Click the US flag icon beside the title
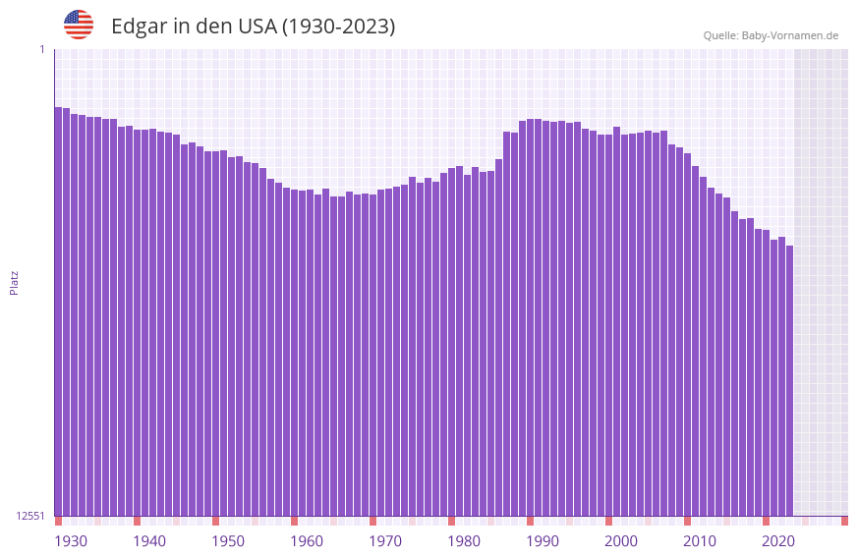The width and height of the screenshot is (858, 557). click(x=79, y=25)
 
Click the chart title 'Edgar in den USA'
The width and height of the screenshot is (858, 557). click(x=253, y=27)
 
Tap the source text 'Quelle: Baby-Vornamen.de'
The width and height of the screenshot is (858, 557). click(x=771, y=35)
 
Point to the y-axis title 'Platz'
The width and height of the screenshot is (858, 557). click(x=14, y=282)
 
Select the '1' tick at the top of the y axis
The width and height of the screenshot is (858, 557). click(x=41, y=49)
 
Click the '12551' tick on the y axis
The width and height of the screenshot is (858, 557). click(x=30, y=516)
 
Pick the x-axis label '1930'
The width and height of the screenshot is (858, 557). click(x=71, y=541)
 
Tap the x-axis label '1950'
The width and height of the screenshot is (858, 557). click(x=228, y=541)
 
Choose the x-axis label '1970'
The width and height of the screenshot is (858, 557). click(x=385, y=541)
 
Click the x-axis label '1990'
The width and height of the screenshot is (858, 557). click(x=543, y=541)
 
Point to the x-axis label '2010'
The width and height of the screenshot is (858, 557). click(x=700, y=541)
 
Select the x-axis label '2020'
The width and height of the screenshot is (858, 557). click(x=778, y=541)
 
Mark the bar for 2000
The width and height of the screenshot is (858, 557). click(x=608, y=325)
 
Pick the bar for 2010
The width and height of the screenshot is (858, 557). click(x=687, y=334)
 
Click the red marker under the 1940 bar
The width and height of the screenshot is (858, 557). click(x=137, y=521)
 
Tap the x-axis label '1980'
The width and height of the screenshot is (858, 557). click(x=464, y=541)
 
